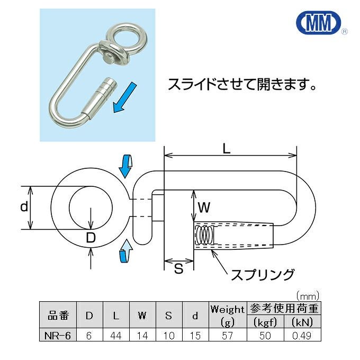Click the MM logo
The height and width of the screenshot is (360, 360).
[319, 22]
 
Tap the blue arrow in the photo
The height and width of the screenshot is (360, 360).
[124, 98]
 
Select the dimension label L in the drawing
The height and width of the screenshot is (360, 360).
[227, 149]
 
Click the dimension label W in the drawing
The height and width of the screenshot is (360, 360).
[204, 208]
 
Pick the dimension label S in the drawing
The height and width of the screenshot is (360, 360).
[178, 268]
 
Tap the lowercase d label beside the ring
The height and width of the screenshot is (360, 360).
[24, 206]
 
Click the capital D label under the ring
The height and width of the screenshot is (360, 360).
[91, 238]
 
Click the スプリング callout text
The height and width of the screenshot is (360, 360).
[263, 275]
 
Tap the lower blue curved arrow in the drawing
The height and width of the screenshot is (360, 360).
[126, 250]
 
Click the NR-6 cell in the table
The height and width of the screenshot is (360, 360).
[58, 336]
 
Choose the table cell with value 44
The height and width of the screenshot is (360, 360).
[116, 336]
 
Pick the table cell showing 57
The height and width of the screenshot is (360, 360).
[228, 336]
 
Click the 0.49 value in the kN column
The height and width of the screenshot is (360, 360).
[302, 336]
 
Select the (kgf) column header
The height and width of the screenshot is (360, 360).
[265, 322]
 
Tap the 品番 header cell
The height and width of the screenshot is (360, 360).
[58, 315]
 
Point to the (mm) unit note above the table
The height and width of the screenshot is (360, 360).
[308, 296]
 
